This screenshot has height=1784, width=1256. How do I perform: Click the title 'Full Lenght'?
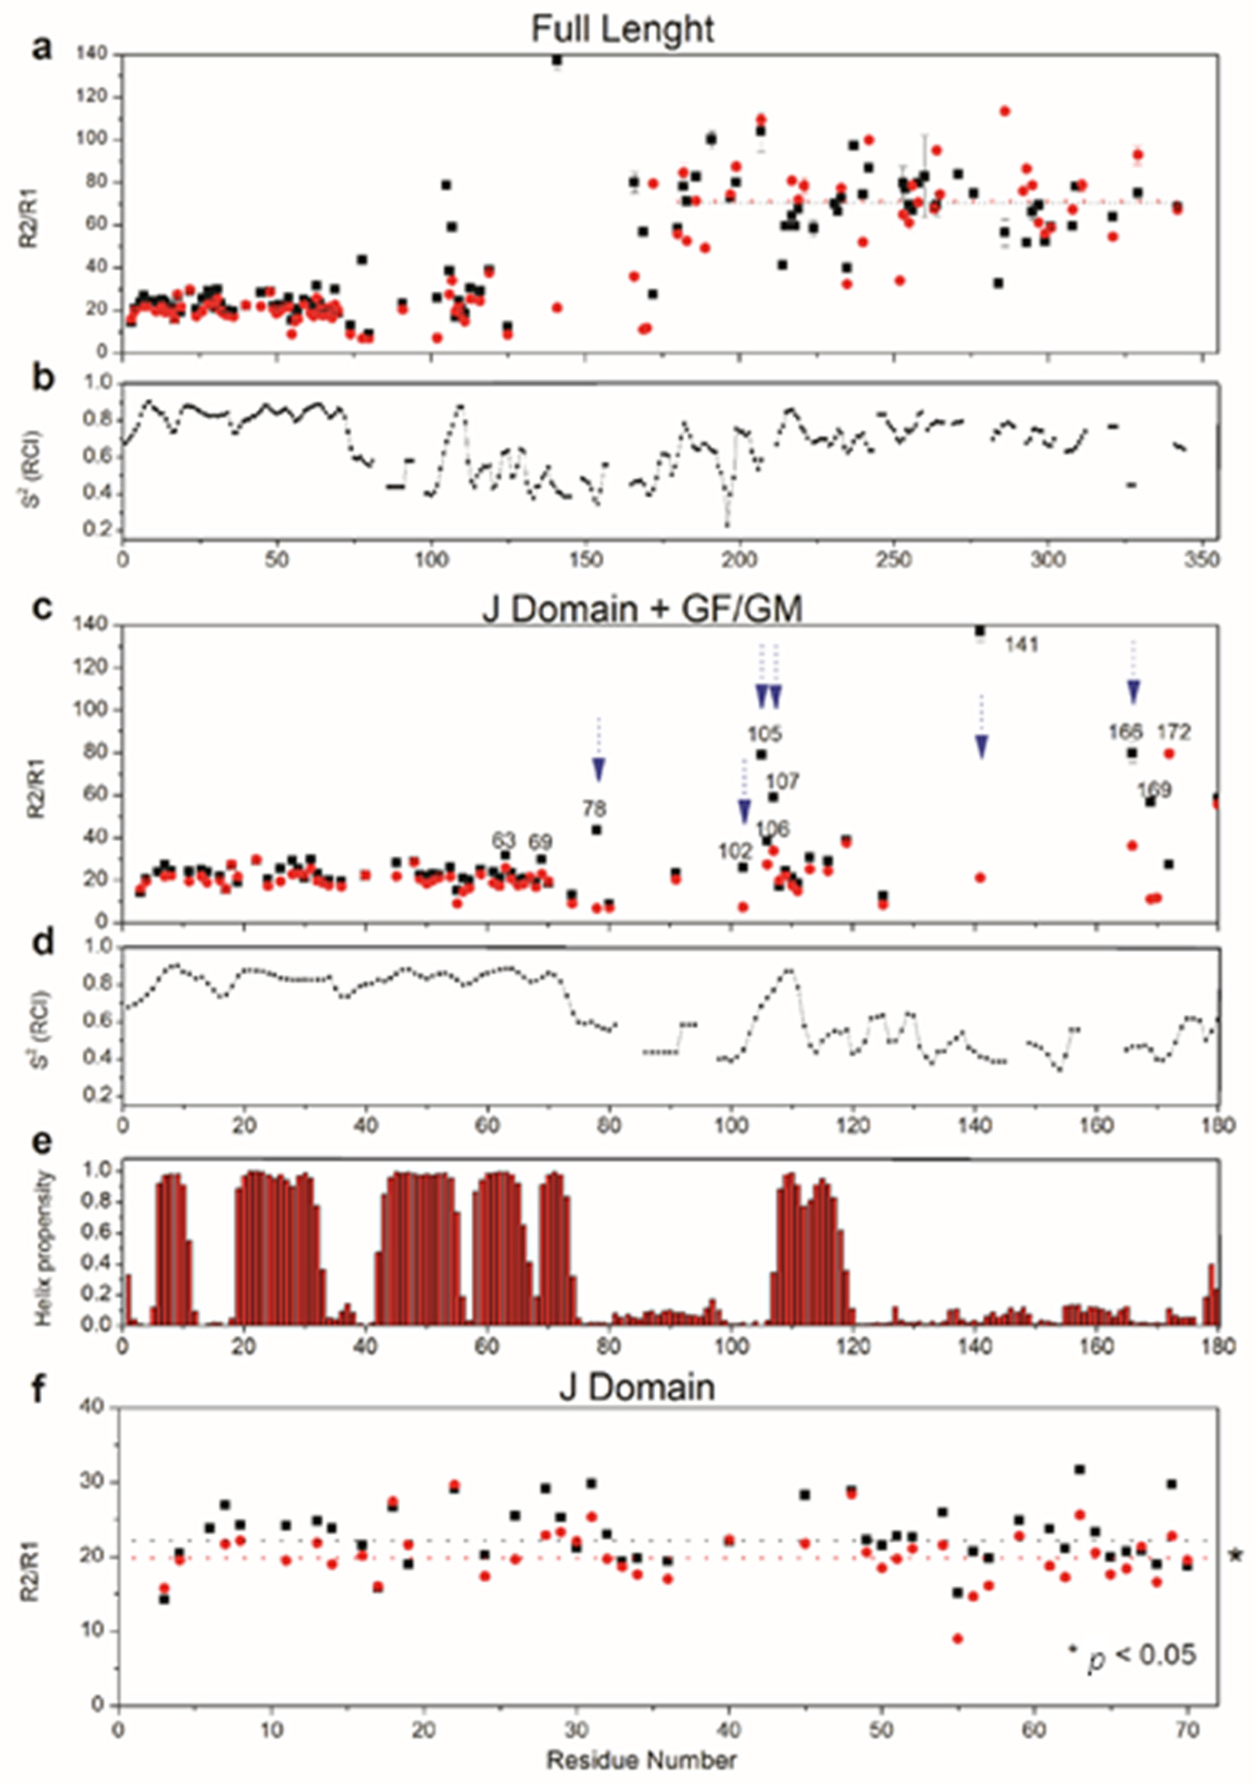pyautogui.click(x=623, y=30)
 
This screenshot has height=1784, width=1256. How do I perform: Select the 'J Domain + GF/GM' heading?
pyautogui.click(x=641, y=609)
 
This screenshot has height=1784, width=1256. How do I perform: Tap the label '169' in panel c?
pyautogui.click(x=1155, y=790)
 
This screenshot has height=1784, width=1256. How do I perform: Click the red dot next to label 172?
pyautogui.click(x=1169, y=753)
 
